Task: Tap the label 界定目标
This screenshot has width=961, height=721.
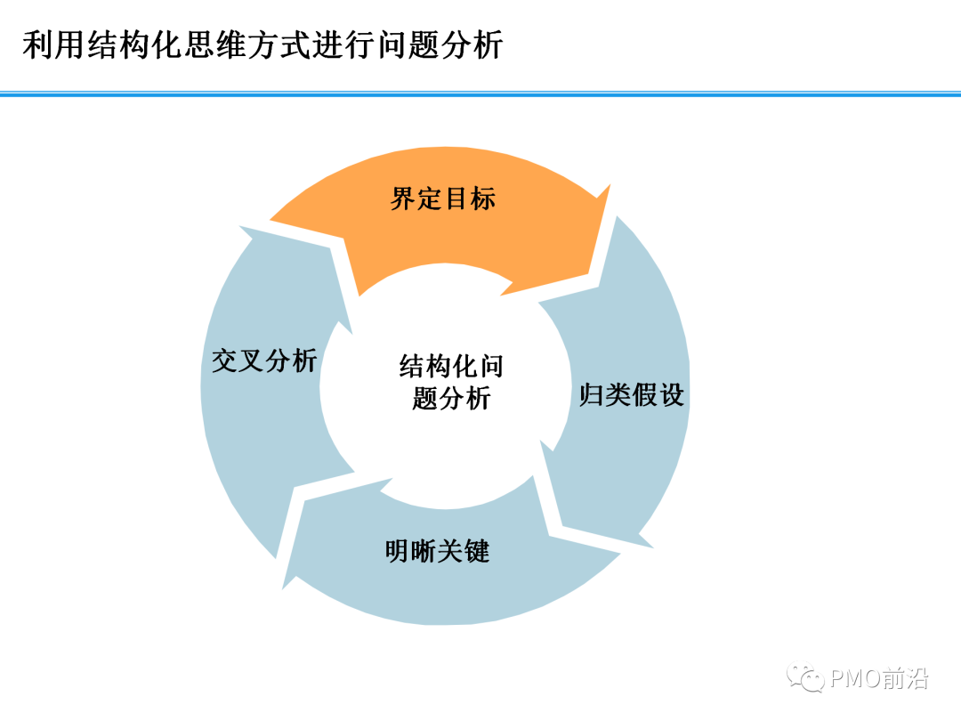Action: point(443,198)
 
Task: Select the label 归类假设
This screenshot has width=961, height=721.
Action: point(632,395)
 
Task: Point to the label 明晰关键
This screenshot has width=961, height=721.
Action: point(438,551)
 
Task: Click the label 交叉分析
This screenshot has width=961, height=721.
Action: point(264,360)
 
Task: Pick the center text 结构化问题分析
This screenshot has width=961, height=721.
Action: point(452,382)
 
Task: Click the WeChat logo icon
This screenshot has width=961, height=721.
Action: point(805,677)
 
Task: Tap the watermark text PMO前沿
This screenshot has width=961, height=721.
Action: point(879,678)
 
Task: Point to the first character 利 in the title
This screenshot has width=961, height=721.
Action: point(38,45)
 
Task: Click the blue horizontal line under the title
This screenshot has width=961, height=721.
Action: point(480,93)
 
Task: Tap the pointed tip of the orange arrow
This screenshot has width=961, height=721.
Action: point(610,184)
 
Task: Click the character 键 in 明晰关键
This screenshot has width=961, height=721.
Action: point(478,551)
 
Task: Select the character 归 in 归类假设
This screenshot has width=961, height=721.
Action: point(592,395)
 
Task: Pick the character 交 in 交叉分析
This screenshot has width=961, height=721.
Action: point(224,360)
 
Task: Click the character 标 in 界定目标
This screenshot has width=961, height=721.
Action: point(483,198)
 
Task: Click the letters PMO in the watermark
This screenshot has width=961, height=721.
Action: point(857,678)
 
